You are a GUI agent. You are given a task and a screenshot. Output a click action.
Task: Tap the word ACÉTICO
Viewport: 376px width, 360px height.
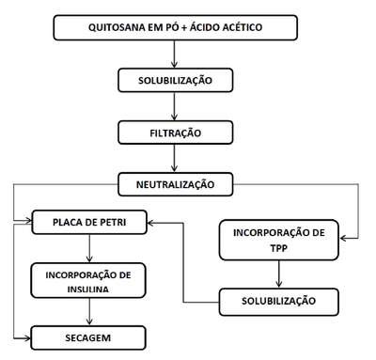[x=243, y=27]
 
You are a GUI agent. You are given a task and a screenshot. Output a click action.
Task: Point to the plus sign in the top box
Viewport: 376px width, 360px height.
[x=184, y=27]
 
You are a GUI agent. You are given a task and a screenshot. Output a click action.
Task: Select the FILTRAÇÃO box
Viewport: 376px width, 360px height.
[x=176, y=133]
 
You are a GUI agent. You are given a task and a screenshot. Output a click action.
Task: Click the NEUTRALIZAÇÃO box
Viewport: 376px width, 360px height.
[x=176, y=184]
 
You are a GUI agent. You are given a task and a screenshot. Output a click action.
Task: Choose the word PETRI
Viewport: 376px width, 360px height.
[x=113, y=222]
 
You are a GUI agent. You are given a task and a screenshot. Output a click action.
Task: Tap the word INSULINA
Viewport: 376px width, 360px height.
[x=88, y=289]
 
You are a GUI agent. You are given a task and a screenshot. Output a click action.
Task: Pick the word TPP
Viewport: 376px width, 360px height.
[x=279, y=248]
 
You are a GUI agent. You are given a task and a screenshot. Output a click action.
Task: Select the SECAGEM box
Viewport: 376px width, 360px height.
[x=88, y=337]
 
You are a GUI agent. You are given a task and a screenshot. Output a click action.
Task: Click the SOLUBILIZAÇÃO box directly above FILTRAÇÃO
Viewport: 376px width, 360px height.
[x=176, y=80]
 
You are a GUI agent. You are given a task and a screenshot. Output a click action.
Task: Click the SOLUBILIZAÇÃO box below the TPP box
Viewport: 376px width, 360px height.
[x=279, y=302]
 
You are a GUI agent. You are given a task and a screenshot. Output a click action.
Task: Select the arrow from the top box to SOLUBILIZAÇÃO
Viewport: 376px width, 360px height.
[x=174, y=54]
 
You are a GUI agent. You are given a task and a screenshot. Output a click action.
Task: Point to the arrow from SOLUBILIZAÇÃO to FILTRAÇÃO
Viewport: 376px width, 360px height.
[x=174, y=106]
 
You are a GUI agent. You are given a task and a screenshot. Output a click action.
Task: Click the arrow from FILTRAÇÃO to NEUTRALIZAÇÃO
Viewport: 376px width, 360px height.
[x=174, y=158]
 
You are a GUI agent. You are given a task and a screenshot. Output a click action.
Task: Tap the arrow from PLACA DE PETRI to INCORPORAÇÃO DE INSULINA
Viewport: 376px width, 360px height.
[x=89, y=248]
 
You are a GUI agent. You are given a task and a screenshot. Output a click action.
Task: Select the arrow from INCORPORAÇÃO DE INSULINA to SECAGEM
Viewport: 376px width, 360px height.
[x=89, y=311]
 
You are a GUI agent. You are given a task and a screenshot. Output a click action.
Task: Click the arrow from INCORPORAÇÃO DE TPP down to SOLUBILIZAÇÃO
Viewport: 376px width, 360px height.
[x=279, y=274]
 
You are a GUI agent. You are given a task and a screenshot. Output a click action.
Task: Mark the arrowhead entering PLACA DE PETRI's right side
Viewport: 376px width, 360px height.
[x=150, y=223]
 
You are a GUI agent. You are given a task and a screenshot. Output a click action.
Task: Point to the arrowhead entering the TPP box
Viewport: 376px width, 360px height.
[x=343, y=239]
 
